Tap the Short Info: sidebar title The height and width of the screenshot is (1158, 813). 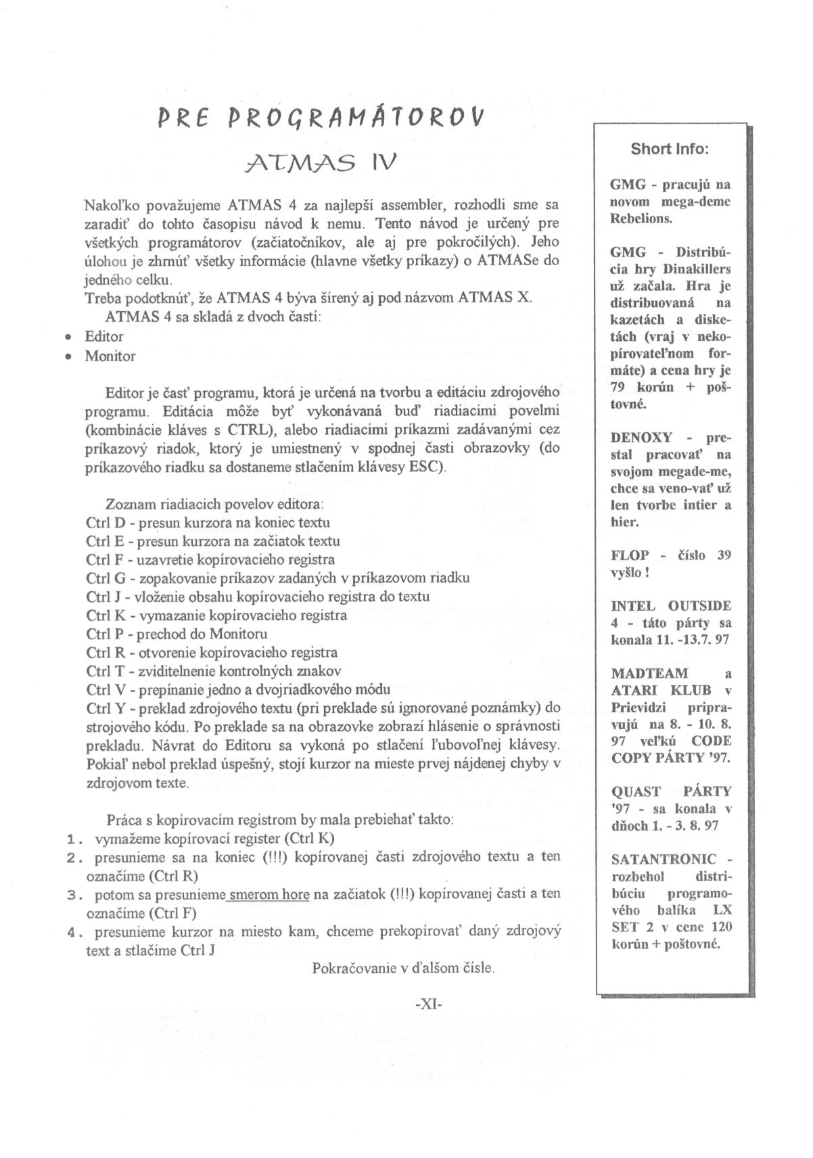[x=670, y=149]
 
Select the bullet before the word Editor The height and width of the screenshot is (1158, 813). [x=67, y=337]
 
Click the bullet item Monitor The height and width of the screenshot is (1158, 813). [x=110, y=356]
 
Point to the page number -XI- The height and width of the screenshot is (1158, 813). [x=428, y=1004]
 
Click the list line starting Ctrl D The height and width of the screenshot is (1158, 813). [x=208, y=522]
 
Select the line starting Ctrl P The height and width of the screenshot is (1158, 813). [x=177, y=634]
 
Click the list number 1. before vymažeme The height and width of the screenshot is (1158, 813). [x=74, y=839]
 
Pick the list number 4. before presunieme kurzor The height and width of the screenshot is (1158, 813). [x=74, y=932]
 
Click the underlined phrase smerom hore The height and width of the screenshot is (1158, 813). [x=269, y=894]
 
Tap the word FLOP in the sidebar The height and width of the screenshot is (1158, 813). [x=630, y=555]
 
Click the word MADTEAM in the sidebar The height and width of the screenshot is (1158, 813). [x=640, y=674]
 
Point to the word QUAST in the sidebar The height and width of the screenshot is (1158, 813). [x=634, y=791]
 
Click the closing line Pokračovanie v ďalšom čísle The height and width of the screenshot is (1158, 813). [x=403, y=968]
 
